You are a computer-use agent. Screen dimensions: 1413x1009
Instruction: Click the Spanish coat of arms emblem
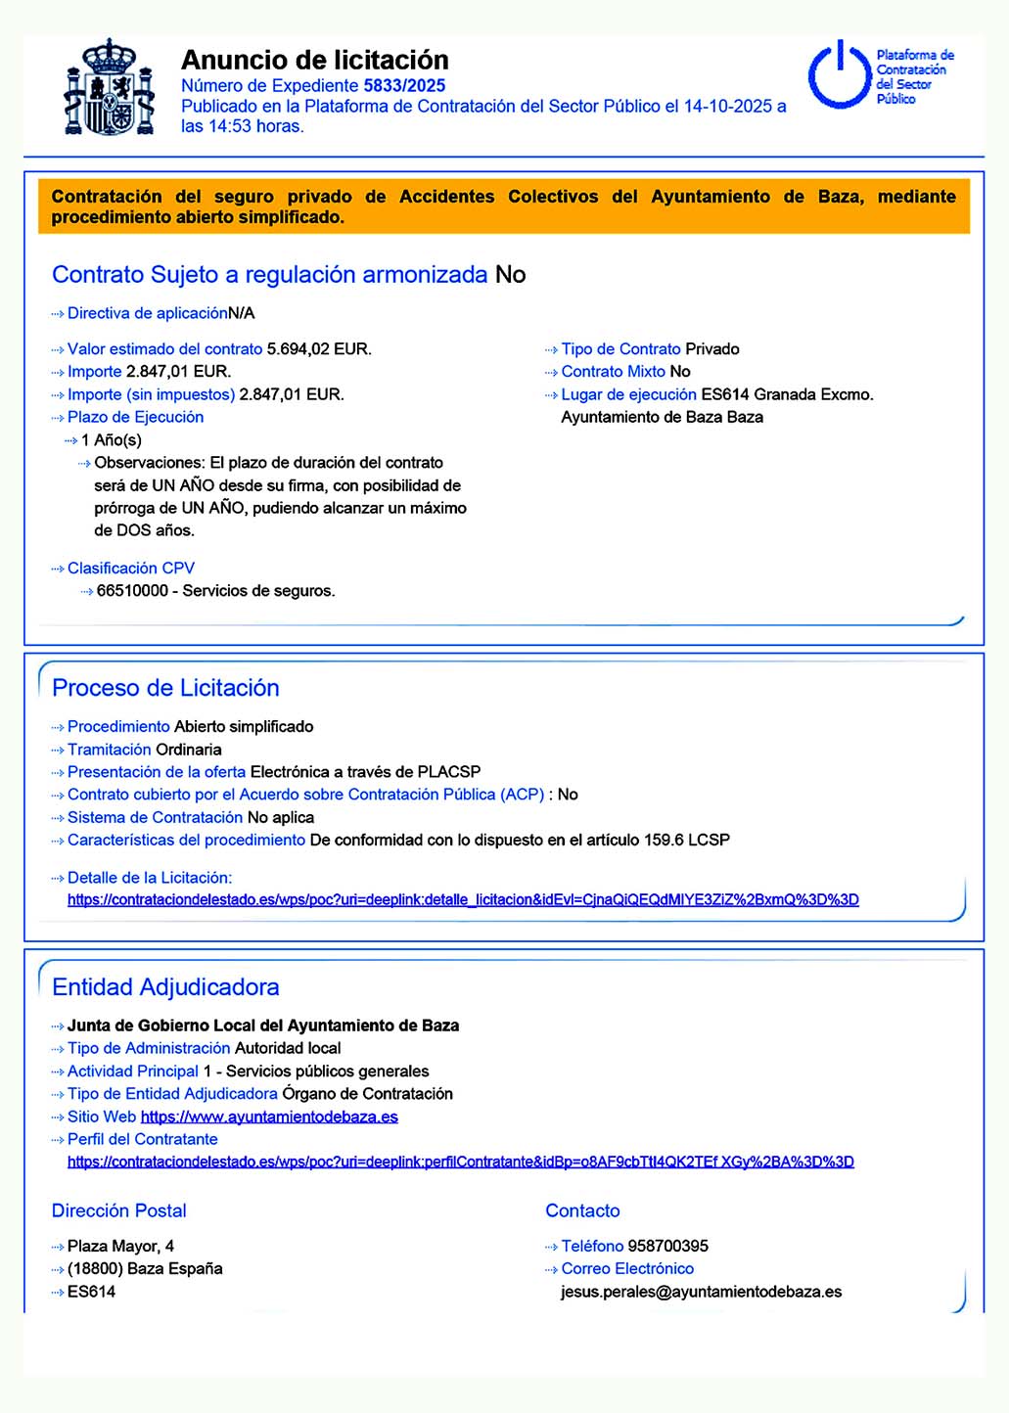coord(110,88)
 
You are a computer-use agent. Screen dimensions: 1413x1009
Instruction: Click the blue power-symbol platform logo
coord(838,75)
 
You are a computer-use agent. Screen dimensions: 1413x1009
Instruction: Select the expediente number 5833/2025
coord(404,86)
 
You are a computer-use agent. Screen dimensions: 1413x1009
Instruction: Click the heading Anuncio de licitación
coord(314,60)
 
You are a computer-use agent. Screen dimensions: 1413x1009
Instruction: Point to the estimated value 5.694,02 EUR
coord(318,349)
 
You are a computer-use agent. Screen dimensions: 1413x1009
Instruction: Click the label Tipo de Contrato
coord(620,349)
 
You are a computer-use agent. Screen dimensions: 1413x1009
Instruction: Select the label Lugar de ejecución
coord(628,395)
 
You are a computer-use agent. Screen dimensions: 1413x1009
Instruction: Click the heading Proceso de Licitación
coord(165,688)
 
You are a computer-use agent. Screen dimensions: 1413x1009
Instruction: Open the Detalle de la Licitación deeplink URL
coord(463,900)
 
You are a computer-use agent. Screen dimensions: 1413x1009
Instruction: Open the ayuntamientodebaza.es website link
coord(269,1117)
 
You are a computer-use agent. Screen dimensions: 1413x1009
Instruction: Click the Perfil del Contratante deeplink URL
coord(460,1162)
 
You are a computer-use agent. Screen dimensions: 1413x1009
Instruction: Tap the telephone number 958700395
coord(667,1247)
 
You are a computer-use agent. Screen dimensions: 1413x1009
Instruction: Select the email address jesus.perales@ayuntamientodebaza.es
coord(701,1293)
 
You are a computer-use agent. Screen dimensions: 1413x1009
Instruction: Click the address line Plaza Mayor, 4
coord(120,1247)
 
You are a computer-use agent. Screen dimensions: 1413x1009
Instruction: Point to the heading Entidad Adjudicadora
coord(165,987)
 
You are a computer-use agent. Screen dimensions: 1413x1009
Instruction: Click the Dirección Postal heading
coord(118,1211)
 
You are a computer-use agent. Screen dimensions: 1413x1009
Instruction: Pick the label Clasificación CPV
coord(131,569)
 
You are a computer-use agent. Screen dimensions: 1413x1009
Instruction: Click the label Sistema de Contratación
coord(155,818)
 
